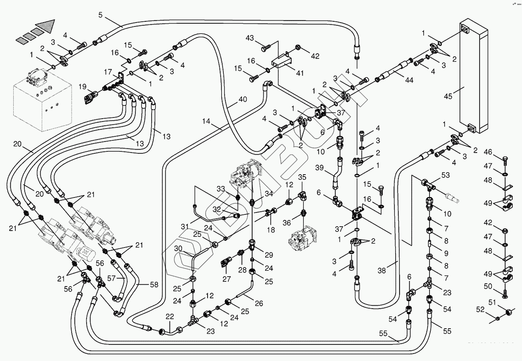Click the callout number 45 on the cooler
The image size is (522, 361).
pos(448,96)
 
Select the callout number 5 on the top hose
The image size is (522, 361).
pos(101,15)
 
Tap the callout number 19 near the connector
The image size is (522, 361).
pos(82,87)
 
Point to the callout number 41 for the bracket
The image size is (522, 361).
pos(300,73)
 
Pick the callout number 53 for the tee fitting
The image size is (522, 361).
pos(446,175)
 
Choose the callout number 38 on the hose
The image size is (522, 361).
pos(382,270)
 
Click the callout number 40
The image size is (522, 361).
pos(242,99)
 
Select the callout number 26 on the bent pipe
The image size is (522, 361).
pos(259,304)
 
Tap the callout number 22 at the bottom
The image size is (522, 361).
pos(170,316)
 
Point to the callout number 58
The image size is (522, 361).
pos(154,285)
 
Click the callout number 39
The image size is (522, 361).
pos(319,168)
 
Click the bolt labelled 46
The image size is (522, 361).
pos(504,159)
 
